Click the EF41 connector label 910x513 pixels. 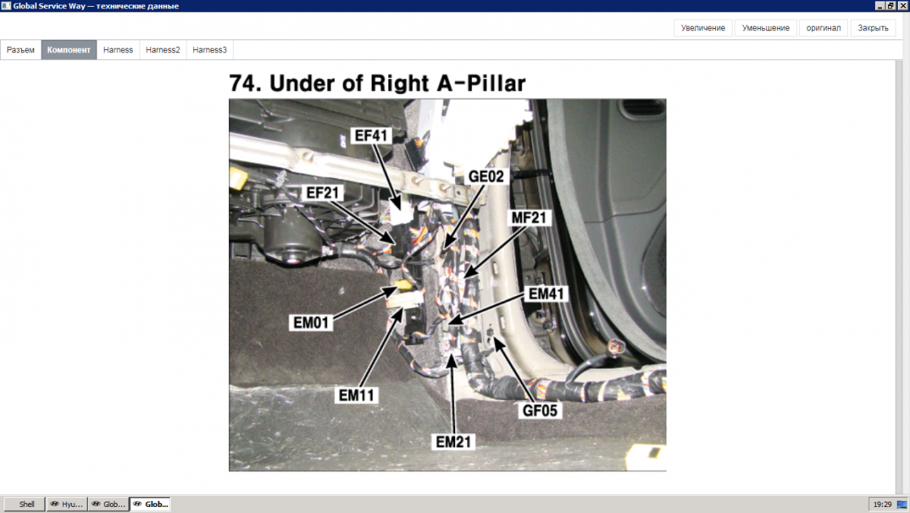(x=371, y=135)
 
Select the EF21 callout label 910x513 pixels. (x=322, y=193)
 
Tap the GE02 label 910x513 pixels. (x=486, y=176)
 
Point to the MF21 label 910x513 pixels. (x=529, y=218)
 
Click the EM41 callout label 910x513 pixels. (x=545, y=294)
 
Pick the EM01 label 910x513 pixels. (x=311, y=323)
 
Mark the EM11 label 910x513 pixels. (x=356, y=395)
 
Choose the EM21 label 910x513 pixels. (x=453, y=442)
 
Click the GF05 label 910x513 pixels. (x=540, y=411)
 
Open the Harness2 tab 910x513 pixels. (x=163, y=50)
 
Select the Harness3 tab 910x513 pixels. (x=209, y=50)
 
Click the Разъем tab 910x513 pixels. (x=20, y=50)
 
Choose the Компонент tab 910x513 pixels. (x=69, y=50)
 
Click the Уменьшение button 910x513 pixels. (x=765, y=28)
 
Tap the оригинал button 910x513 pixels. (x=824, y=28)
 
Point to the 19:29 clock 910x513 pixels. (x=883, y=505)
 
